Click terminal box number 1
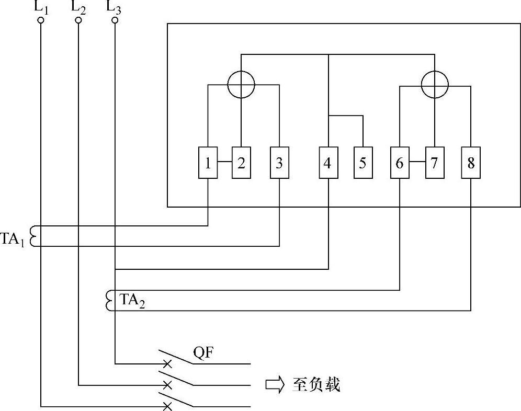(208, 163)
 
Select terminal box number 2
(241, 163)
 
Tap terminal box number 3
(279, 163)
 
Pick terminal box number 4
(328, 163)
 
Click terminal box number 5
(363, 163)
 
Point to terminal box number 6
(400, 163)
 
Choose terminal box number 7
(434, 163)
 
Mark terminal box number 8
(471, 163)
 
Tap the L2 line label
(78, 7)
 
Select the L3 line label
(114, 7)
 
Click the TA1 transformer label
(13, 239)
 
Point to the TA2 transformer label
(132, 300)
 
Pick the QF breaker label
(203, 354)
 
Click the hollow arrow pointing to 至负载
(275, 385)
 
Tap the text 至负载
(315, 385)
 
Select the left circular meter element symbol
(241, 84)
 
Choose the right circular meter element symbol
(435, 84)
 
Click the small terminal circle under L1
(40, 20)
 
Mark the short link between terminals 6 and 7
(417, 163)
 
